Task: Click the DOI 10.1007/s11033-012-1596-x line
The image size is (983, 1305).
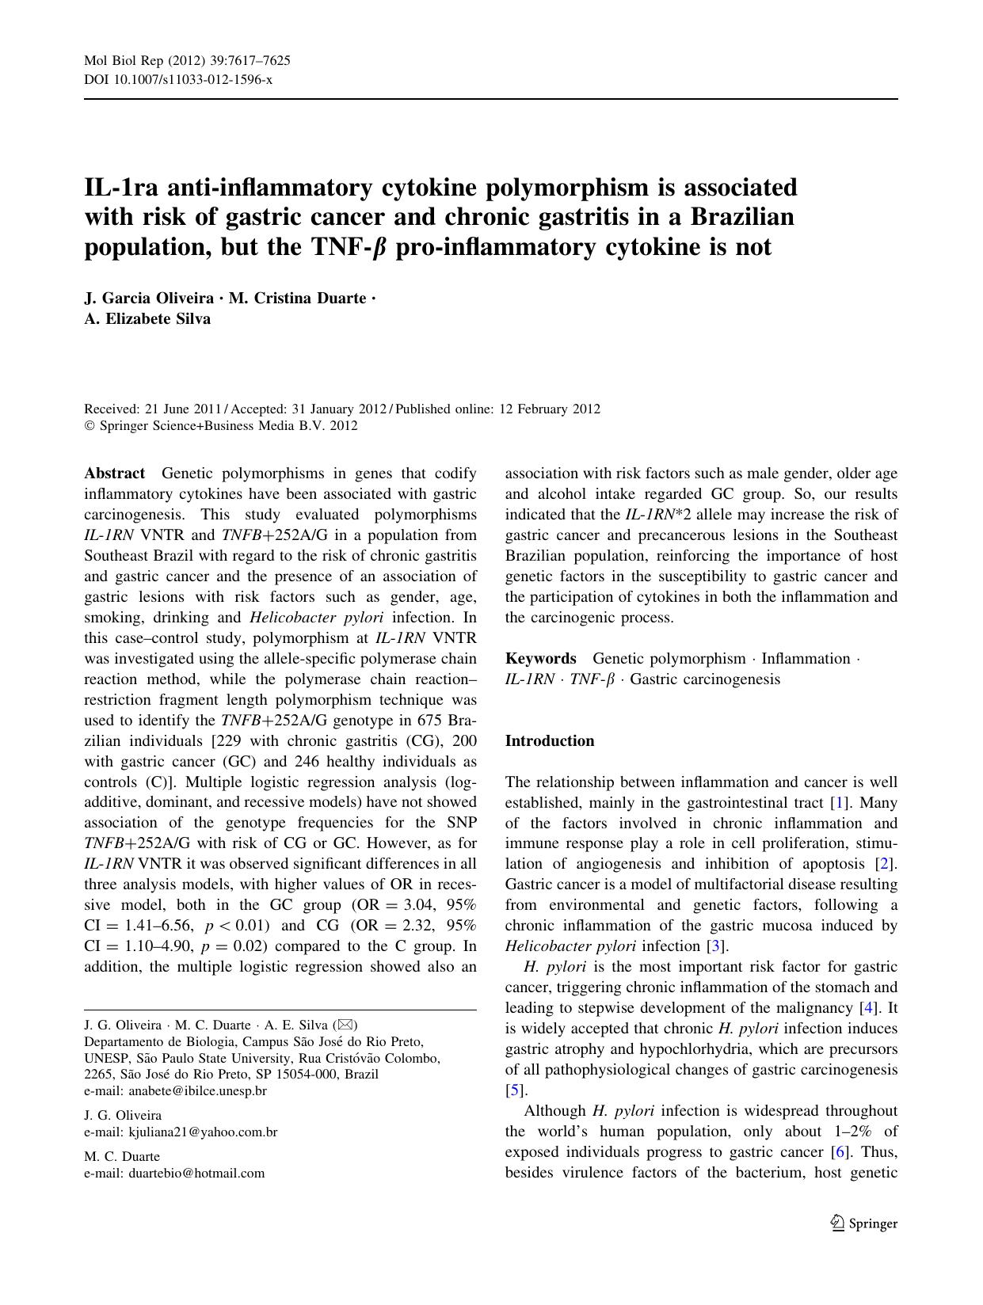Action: [178, 80]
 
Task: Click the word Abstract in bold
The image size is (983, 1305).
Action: [115, 474]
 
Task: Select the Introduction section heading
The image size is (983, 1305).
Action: [550, 741]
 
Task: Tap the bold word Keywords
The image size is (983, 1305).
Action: [541, 659]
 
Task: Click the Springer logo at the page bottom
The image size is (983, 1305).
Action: [864, 1223]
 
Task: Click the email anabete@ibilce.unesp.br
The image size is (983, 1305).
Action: [197, 1090]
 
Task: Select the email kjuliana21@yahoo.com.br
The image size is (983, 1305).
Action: [203, 1132]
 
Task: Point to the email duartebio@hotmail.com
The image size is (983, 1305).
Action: [196, 1173]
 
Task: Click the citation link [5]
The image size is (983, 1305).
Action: [515, 1090]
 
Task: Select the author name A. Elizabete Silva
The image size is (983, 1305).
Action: [147, 319]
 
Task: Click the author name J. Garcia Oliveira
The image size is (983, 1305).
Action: [149, 299]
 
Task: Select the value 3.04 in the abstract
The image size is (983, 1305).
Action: [421, 905]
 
